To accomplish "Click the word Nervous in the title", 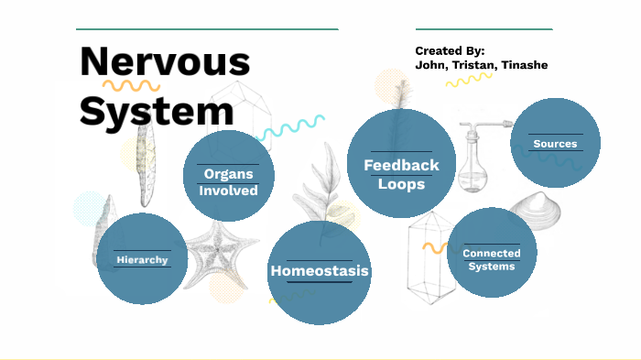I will [165, 62].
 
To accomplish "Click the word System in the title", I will [156, 111].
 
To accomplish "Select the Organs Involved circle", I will [229, 176].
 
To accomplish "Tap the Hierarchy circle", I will [142, 259].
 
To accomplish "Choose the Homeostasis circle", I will [320, 271].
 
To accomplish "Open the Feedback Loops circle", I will [401, 165].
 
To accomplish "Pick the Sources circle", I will [555, 143].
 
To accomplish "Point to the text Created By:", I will [450, 50].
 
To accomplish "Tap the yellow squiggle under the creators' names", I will [470, 80].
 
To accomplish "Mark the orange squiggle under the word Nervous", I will [130, 88].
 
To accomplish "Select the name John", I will [430, 66].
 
